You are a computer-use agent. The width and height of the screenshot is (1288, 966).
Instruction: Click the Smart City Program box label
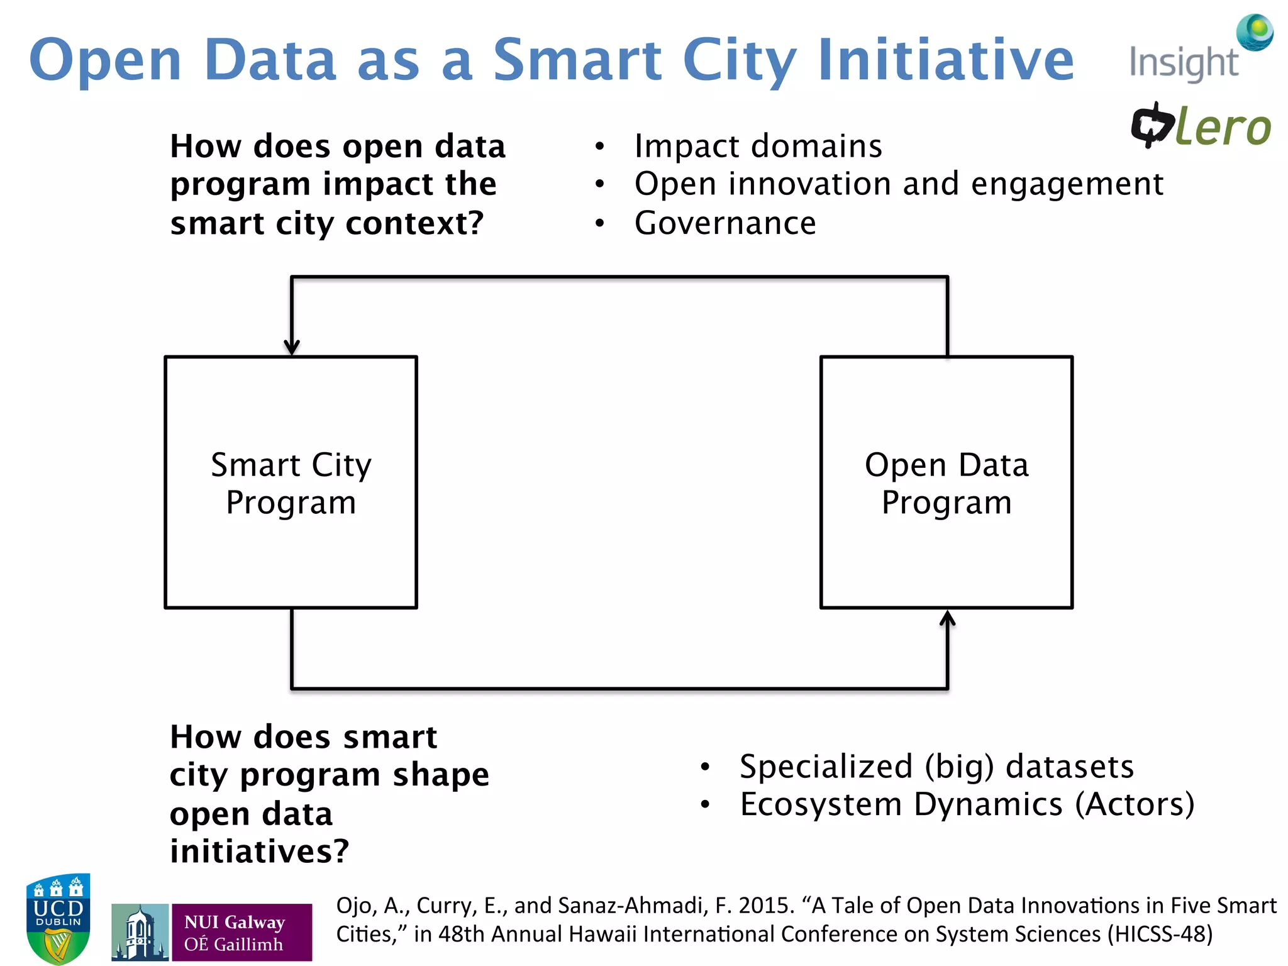(x=291, y=483)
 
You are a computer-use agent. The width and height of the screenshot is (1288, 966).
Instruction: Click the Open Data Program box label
(x=946, y=483)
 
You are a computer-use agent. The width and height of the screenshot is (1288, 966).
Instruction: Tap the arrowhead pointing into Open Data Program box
(x=947, y=619)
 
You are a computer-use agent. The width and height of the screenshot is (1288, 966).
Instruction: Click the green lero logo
(x=1201, y=126)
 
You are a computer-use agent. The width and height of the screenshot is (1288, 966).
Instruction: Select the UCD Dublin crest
(x=58, y=918)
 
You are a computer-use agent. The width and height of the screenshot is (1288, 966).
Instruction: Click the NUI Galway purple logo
(x=212, y=932)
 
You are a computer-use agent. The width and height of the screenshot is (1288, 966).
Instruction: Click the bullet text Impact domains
(x=758, y=146)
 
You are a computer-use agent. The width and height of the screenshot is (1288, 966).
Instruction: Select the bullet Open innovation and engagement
(x=898, y=184)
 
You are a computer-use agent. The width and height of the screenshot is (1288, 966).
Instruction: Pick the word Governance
(x=724, y=223)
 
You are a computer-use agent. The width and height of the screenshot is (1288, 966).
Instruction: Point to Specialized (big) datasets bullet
(x=936, y=767)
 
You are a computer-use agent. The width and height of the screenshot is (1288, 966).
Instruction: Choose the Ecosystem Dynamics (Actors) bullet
(x=966, y=804)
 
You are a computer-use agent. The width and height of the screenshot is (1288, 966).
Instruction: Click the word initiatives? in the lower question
(x=259, y=852)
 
